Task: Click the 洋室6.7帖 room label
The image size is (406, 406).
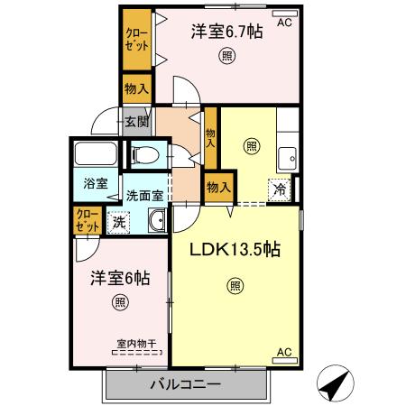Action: click(x=226, y=32)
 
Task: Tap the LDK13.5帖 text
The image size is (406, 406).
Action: click(x=234, y=251)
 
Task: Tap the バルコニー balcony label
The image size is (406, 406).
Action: click(x=184, y=385)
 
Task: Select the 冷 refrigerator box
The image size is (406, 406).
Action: click(x=280, y=190)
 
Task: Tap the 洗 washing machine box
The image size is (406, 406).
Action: click(x=117, y=220)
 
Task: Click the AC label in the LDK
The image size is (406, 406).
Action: click(x=282, y=352)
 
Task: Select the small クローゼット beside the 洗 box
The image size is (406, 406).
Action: click(x=88, y=219)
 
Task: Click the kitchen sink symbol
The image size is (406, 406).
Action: click(x=290, y=159)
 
